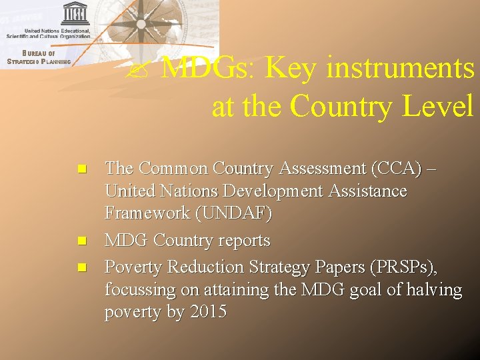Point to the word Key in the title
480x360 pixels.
click(291, 68)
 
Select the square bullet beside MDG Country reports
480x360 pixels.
click(81, 240)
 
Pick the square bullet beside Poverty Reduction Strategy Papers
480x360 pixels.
click(81, 267)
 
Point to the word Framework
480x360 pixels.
click(143, 213)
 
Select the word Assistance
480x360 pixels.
click(368, 191)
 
